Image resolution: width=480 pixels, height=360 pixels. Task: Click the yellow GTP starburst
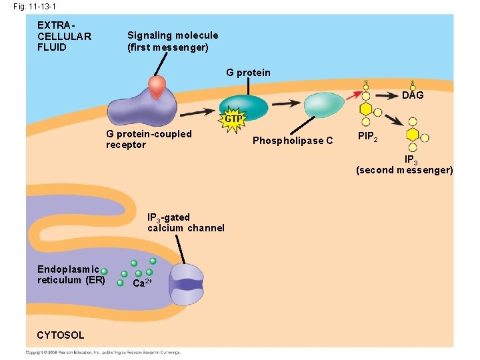coord(233,119)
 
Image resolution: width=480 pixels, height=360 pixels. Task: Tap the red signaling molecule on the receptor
coord(158,87)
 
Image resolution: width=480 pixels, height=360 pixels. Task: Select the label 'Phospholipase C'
coord(293,141)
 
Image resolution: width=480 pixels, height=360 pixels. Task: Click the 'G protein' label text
coord(248,73)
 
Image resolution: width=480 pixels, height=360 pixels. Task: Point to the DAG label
coord(413,95)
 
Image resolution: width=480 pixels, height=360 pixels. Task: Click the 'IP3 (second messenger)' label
coord(404,165)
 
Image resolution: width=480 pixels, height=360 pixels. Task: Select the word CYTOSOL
coord(61,335)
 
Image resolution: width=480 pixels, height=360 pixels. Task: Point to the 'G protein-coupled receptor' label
coord(149,139)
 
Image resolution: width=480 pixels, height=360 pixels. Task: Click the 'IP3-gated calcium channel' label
coord(185,223)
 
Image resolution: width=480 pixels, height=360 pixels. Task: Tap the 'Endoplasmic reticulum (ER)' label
coord(71,274)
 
